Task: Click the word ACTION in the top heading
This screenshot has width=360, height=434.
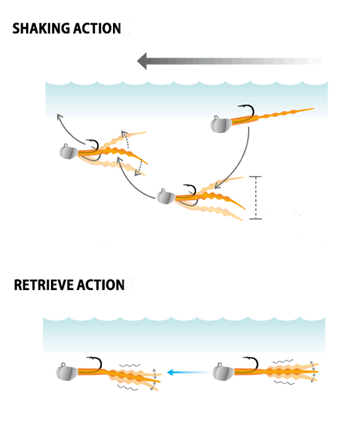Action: coord(95,29)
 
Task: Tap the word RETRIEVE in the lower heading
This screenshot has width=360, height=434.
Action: coord(44,285)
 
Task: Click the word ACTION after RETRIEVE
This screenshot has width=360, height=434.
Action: coord(101,285)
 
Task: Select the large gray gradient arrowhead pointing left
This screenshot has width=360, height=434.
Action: coord(142,61)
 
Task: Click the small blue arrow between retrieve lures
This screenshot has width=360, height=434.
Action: coord(189,372)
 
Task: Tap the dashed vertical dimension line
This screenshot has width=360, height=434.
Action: coord(256,198)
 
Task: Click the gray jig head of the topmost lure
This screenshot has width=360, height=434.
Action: coord(220,124)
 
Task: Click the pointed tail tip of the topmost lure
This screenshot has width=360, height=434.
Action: coord(313,108)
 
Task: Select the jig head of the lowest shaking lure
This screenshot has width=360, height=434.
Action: coord(166,197)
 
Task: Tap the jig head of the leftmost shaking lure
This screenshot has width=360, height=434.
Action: coord(69,151)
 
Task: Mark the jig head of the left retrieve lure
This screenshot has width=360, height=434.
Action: coord(67,372)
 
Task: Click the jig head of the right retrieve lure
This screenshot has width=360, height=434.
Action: coord(223,371)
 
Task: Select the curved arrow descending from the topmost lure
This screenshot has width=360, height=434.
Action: coord(241,163)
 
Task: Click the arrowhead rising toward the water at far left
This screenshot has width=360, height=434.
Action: coord(59,117)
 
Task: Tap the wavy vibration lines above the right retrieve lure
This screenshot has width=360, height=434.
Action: coord(282,361)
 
